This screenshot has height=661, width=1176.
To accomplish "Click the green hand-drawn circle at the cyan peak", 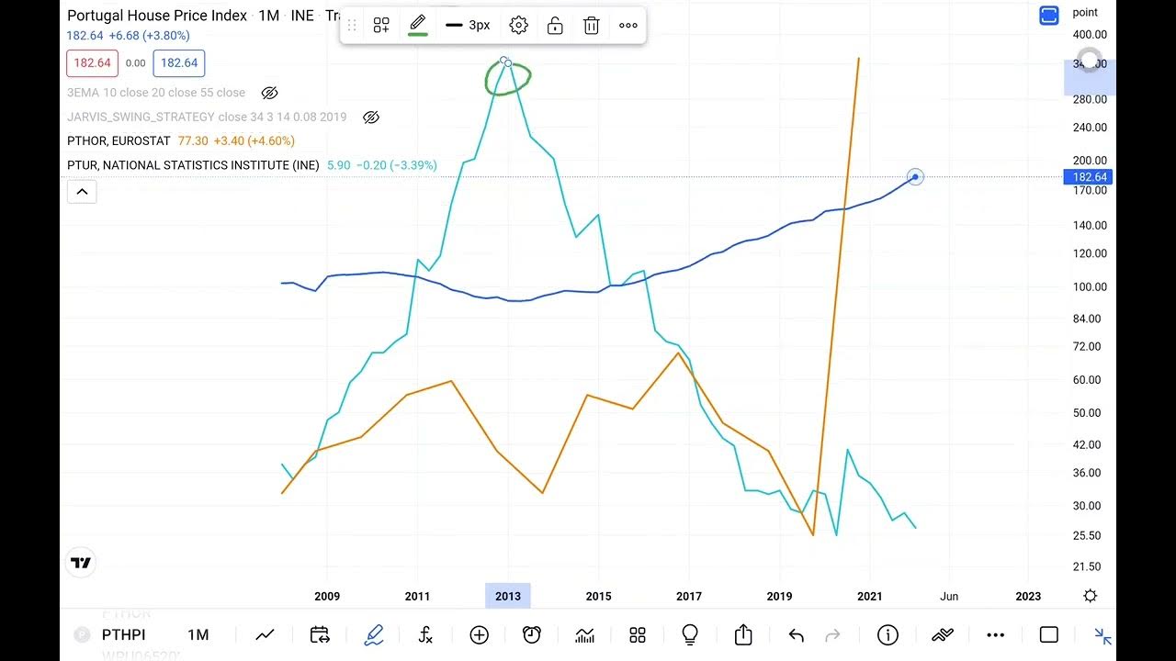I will tap(508, 79).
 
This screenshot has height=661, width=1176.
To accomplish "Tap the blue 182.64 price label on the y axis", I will tap(1090, 177).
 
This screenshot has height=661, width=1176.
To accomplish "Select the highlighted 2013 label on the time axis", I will tap(508, 596).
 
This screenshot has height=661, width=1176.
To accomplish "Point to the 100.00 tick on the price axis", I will tap(1090, 286).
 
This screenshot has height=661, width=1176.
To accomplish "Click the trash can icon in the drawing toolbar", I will tap(592, 26).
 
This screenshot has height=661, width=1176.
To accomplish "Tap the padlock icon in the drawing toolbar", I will tap(555, 26).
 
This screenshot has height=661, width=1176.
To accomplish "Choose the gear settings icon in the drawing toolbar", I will tap(518, 26).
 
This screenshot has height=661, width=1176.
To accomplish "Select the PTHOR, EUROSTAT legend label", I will tap(119, 141).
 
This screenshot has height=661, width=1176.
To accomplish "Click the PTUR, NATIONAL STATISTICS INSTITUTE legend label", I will tap(193, 165).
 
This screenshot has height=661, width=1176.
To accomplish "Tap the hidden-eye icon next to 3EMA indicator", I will tap(269, 93).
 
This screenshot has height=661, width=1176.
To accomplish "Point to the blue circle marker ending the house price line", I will tap(915, 176).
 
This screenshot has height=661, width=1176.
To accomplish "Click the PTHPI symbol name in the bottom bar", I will tap(124, 634).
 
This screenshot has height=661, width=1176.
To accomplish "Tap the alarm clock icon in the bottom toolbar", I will tap(532, 634).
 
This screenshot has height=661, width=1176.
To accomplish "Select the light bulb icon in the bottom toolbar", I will tap(690, 634).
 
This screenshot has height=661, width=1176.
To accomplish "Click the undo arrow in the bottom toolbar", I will tap(796, 634).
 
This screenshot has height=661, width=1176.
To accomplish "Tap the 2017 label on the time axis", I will tap(689, 596).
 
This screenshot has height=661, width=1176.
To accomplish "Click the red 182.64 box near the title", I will tap(92, 63).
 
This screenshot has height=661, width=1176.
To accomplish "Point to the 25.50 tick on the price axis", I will tap(1090, 535).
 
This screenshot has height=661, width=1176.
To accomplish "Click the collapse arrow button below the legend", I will tap(82, 192).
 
